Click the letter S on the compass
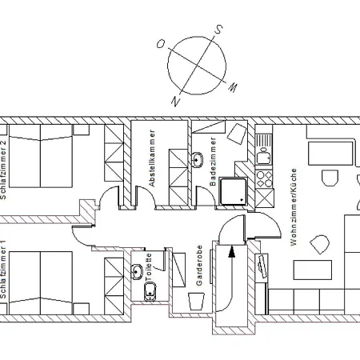[x=218, y=29]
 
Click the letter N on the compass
[x=175, y=102]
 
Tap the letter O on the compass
[x=161, y=44]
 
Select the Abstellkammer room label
[x=152, y=158]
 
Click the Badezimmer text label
[x=213, y=162]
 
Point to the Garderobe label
[x=199, y=266]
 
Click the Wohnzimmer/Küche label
[x=293, y=207]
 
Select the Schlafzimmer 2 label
[x=3, y=170]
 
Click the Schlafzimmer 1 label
[x=3, y=270]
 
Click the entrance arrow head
[x=232, y=252]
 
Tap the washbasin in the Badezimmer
[x=198, y=160]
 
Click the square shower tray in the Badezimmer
[x=233, y=192]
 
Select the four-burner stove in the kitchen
[x=264, y=179]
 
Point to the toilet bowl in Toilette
[x=150, y=292]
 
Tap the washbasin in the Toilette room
[x=137, y=272]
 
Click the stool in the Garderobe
[x=197, y=302]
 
